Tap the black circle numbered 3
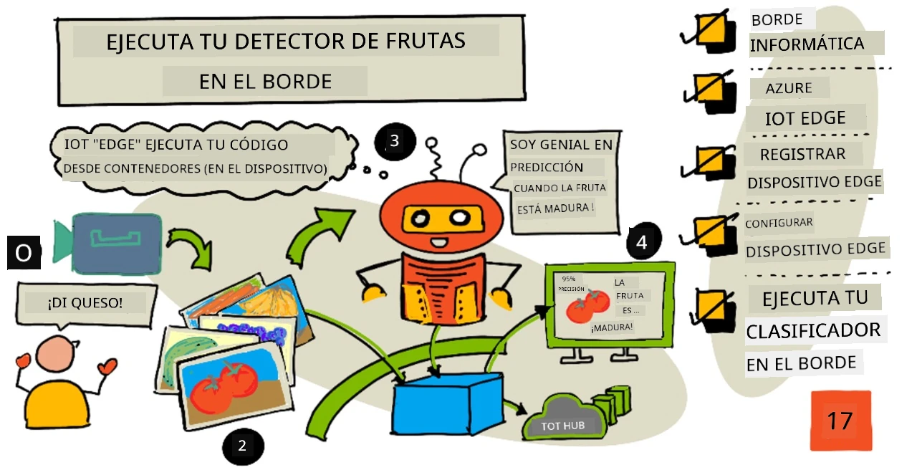tap(395, 141)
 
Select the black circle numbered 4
tap(643, 241)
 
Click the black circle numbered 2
tap(243, 446)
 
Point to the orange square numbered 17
tap(841, 421)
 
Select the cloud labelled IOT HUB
tap(564, 418)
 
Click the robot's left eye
tap(420, 219)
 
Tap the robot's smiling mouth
tap(439, 242)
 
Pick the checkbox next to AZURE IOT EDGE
tap(711, 92)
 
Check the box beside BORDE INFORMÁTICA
tap(709, 31)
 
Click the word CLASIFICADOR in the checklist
tap(813, 331)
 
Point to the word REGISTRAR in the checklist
tap(803, 154)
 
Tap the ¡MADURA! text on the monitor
tap(612, 327)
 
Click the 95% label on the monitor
tap(569, 279)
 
